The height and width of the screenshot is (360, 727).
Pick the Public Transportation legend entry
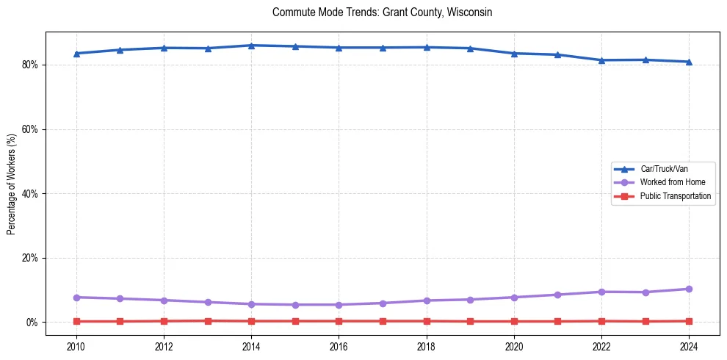pos(675,196)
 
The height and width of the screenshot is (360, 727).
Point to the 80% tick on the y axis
pos(31,65)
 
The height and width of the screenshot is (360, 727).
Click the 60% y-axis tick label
pos(31,129)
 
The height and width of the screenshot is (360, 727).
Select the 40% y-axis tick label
pos(31,194)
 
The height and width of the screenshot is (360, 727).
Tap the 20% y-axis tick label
pos(31,258)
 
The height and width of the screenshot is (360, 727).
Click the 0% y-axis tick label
pos(33,323)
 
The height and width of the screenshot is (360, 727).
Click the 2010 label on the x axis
pos(76,345)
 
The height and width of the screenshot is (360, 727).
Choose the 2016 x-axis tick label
pos(339,345)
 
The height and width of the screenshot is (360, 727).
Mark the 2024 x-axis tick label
pos(689,345)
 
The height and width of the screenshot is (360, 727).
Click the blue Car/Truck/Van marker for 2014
pos(251,46)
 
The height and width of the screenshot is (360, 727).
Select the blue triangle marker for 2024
pos(689,62)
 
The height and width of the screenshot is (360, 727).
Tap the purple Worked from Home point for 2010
pos(76,298)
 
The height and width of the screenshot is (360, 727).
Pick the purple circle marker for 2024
pos(689,289)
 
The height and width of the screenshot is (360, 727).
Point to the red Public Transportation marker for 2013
pos(208,320)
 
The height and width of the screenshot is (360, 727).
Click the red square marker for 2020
pos(514,321)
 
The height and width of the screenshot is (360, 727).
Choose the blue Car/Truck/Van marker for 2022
pos(601,60)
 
